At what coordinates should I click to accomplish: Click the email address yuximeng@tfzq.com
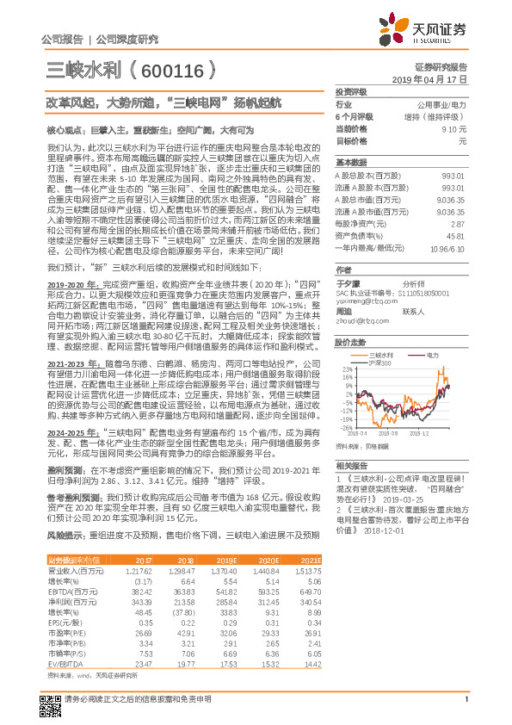pyautogui.click(x=365, y=301)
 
